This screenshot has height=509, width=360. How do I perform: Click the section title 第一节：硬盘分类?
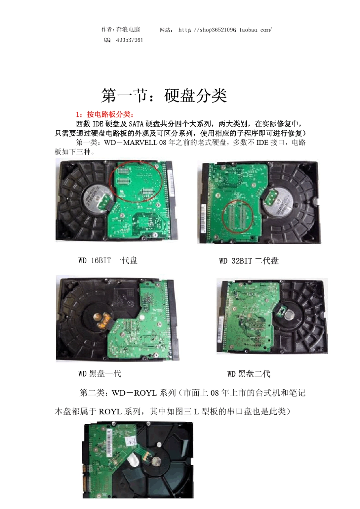[x=164, y=95]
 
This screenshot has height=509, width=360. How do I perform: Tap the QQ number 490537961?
[x=130, y=40]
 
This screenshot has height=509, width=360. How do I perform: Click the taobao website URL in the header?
[x=225, y=30]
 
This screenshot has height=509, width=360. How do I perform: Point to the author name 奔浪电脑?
[x=128, y=30]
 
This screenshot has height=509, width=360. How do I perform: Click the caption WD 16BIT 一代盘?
[x=108, y=261]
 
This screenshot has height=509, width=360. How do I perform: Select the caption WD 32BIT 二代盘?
[x=249, y=261]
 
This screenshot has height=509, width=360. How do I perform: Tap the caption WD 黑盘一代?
[x=100, y=374]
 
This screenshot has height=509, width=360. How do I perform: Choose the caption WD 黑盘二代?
[x=249, y=374]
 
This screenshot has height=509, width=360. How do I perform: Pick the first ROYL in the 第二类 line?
[x=145, y=393]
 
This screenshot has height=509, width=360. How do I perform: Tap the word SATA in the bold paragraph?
[x=136, y=124]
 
